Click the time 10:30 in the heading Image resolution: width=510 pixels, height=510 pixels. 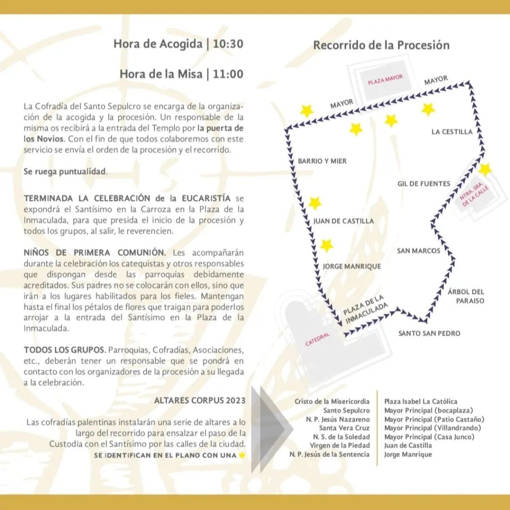(228, 44)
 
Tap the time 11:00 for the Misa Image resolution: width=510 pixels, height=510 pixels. (228, 74)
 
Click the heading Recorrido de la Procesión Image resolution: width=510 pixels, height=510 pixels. (381, 45)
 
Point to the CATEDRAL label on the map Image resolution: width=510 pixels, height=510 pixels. (317, 340)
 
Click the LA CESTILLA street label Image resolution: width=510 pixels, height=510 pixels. (452, 132)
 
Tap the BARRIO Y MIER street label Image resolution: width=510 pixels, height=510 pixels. (322, 161)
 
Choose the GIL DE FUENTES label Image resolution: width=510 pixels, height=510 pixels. (423, 184)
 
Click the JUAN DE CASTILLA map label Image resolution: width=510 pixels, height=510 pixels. (343, 221)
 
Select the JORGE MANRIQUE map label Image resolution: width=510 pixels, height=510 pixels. (352, 266)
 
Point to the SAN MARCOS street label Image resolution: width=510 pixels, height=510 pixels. (418, 251)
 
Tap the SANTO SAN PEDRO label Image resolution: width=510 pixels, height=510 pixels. (429, 333)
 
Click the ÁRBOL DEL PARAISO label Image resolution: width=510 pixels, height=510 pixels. (466, 296)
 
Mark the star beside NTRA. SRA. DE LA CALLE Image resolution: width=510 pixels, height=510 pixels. (485, 169)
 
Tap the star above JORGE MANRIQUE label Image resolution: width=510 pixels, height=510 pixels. (326, 246)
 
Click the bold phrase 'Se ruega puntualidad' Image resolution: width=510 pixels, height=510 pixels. (65, 172)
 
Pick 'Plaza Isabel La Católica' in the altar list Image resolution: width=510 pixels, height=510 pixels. (420, 401)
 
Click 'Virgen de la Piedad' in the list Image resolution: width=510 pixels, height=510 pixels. (340, 445)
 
